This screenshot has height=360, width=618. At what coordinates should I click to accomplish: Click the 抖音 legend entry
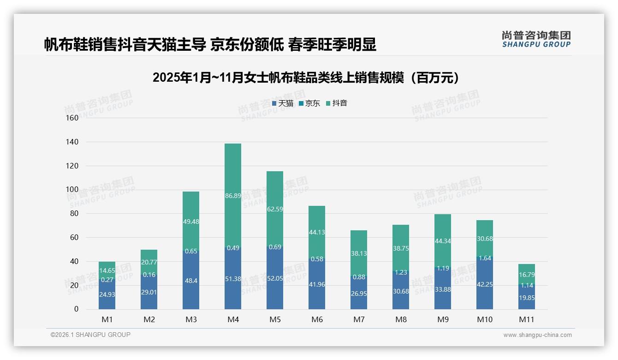[336, 103]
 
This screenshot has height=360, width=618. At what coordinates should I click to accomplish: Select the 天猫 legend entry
[282, 103]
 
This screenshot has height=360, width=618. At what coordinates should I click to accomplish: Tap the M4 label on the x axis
[233, 319]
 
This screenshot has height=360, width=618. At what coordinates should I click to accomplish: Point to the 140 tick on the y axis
[72, 142]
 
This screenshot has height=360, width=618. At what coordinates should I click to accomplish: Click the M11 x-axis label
[526, 319]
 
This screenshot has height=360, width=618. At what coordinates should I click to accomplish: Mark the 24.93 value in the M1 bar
[107, 294]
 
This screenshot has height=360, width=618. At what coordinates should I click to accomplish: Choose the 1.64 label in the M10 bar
[485, 258]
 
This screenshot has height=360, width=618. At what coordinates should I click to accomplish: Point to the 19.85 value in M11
[526, 298]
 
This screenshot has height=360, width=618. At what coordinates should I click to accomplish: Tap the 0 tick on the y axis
[76, 309]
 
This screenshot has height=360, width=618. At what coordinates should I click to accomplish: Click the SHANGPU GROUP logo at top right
[536, 39]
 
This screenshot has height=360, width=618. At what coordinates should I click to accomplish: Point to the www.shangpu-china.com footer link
[537, 335]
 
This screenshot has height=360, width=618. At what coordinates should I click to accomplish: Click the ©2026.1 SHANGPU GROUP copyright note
[90, 335]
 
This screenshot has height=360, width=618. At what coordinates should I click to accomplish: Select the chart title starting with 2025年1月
[308, 78]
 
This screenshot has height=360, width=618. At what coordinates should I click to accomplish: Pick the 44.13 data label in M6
[317, 232]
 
